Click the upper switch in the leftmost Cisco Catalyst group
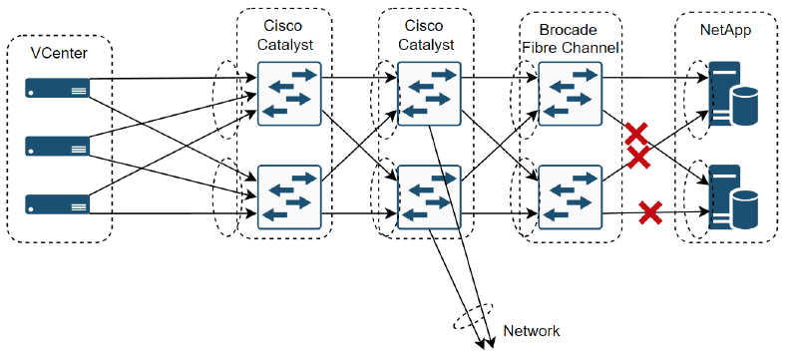point(289,93)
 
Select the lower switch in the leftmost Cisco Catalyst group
point(289,197)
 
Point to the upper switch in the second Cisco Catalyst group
point(429,93)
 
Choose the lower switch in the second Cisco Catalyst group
point(429,197)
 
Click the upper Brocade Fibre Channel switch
point(569,93)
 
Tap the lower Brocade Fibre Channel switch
point(569,197)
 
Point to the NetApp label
point(726,32)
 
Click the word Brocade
point(572,30)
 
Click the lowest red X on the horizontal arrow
point(650,211)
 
